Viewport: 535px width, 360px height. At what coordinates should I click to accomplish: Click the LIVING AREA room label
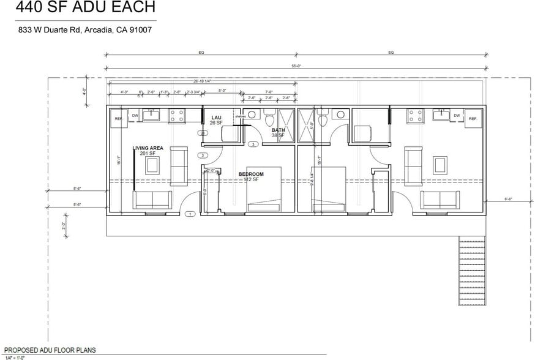(x=148, y=148)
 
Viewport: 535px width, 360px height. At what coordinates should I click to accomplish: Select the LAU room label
(x=215, y=117)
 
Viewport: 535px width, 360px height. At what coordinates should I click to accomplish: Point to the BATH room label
(x=278, y=130)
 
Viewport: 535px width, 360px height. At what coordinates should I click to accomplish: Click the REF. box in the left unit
(x=118, y=118)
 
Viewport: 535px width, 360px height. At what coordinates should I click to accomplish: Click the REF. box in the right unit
(x=473, y=118)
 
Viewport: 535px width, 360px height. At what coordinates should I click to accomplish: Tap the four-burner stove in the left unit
(x=178, y=115)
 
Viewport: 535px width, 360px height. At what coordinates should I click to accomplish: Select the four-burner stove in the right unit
(x=416, y=115)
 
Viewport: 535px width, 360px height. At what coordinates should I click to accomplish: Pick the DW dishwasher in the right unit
(x=457, y=114)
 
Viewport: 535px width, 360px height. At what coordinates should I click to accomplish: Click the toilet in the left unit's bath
(x=270, y=119)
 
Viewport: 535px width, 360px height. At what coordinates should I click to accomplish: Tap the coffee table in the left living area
(x=152, y=165)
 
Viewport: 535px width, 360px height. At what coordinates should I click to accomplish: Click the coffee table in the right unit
(x=440, y=165)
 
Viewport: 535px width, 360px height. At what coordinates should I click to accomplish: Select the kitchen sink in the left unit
(x=151, y=114)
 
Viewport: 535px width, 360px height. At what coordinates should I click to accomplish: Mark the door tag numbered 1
(x=190, y=214)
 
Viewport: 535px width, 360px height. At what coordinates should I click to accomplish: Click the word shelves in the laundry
(x=240, y=116)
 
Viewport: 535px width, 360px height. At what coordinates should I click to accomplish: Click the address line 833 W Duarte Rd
(x=84, y=29)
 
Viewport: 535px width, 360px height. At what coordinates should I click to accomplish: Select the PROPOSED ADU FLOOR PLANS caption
(x=50, y=350)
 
